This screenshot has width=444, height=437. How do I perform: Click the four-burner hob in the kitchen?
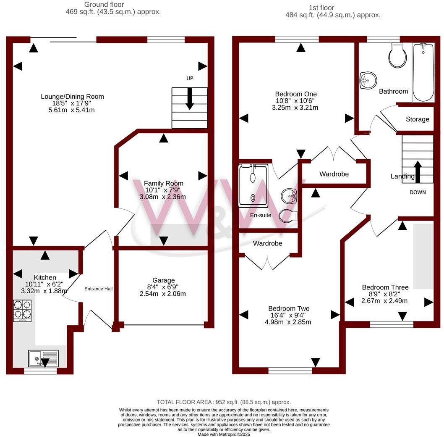[23, 310]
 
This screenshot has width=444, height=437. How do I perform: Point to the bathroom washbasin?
[368, 80]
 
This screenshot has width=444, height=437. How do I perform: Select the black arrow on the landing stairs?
[418, 171]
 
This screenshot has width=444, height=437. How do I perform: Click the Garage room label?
[164, 280]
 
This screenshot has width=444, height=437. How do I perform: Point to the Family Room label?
[164, 183]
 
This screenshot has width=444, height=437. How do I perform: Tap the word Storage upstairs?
[418, 119]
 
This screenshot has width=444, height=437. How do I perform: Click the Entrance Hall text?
[99, 289]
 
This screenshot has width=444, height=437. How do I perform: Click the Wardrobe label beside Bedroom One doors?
[334, 174]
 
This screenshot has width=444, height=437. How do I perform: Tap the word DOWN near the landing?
[418, 192]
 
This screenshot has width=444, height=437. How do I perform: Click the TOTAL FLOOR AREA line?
[224, 402]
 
